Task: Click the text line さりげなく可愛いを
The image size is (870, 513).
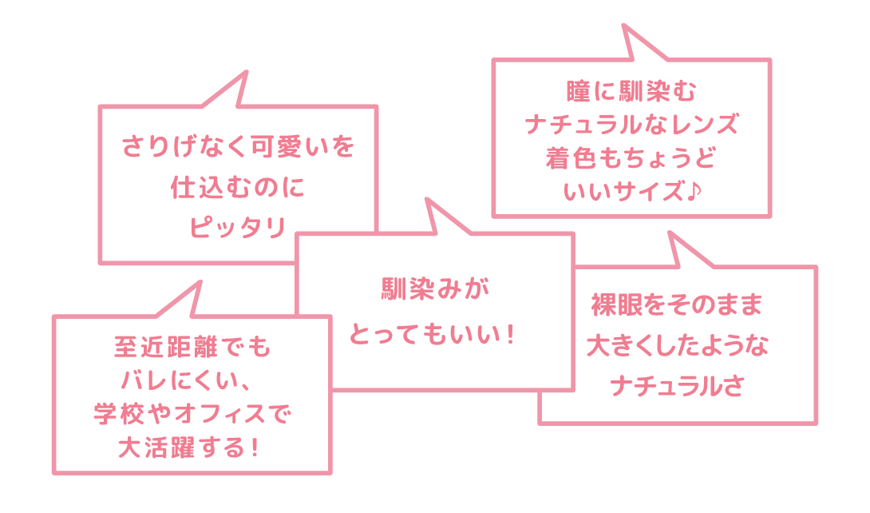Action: pyautogui.click(x=238, y=148)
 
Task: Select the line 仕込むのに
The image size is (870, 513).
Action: pyautogui.click(x=238, y=188)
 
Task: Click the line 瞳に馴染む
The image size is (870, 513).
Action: pyautogui.click(x=631, y=91)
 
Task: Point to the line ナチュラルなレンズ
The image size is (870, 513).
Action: pyautogui.click(x=631, y=125)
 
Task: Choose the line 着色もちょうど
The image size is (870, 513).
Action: pyautogui.click(x=631, y=158)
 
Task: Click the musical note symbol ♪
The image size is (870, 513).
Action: pyautogui.click(x=691, y=193)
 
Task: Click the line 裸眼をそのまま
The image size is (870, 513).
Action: pyautogui.click(x=678, y=305)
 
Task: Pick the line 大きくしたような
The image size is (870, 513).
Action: pyautogui.click(x=678, y=346)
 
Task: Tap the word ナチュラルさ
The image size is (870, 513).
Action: pyautogui.click(x=678, y=387)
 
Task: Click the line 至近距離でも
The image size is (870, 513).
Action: pyautogui.click(x=192, y=348)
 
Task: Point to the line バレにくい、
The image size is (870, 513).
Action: pyautogui.click(x=192, y=382)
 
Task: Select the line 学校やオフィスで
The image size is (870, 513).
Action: pyautogui.click(x=192, y=416)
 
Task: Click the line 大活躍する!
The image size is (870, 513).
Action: pyautogui.click(x=192, y=449)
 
